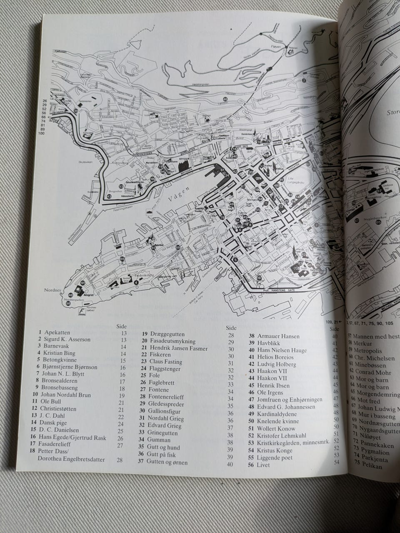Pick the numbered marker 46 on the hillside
(225, 99)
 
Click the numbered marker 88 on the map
(178, 248)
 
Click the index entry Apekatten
(57, 333)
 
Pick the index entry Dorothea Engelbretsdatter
(71, 460)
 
